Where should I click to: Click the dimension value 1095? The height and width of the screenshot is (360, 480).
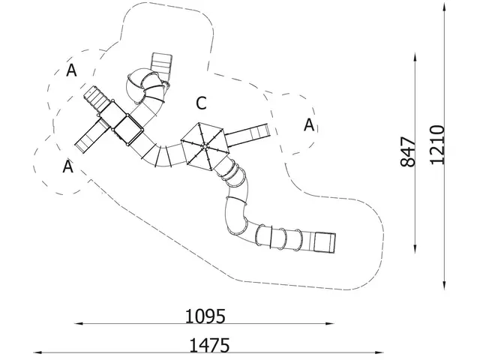click(205, 316)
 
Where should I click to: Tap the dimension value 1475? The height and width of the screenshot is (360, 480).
click(209, 346)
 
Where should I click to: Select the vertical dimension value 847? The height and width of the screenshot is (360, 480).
click(408, 151)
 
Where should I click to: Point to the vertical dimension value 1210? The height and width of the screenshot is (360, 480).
click(436, 145)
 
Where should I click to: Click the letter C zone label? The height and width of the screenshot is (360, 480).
click(201, 103)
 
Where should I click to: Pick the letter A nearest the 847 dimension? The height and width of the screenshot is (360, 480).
click(309, 125)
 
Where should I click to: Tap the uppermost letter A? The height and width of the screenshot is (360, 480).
click(71, 70)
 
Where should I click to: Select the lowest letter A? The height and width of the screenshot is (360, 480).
click(68, 166)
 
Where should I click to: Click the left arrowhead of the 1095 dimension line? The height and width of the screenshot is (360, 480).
click(79, 323)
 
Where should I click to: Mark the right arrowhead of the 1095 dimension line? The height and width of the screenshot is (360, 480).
click(330, 323)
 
